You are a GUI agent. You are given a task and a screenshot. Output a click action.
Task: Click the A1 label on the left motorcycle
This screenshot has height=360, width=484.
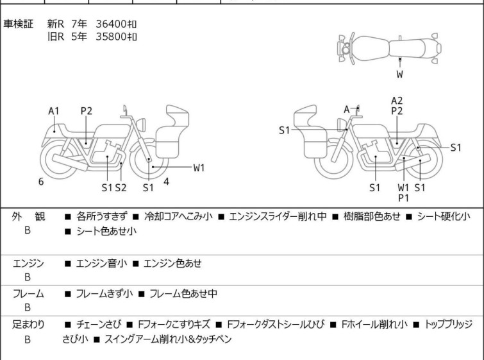point(54,111)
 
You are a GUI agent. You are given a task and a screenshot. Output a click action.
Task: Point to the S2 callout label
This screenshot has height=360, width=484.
point(121,187)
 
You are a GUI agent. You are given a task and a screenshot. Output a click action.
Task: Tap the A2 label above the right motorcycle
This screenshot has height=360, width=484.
point(397,100)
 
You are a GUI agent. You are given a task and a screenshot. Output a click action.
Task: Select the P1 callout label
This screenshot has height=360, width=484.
point(403,198)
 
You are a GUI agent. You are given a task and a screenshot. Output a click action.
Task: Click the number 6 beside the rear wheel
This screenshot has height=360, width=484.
point(41,182)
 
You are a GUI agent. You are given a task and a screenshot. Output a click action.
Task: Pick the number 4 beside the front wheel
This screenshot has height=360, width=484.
point(166,182)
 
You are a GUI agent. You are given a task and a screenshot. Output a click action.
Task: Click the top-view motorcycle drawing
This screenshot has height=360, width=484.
point(385,47)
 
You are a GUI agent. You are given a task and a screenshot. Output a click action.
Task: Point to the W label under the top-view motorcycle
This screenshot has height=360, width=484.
point(399,74)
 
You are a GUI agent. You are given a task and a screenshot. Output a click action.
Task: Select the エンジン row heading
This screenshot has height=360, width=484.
point(28,263)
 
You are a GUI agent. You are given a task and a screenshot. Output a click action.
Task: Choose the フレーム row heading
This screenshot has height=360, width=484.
point(28,294)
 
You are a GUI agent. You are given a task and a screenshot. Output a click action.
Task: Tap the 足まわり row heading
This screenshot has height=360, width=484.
point(28,325)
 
